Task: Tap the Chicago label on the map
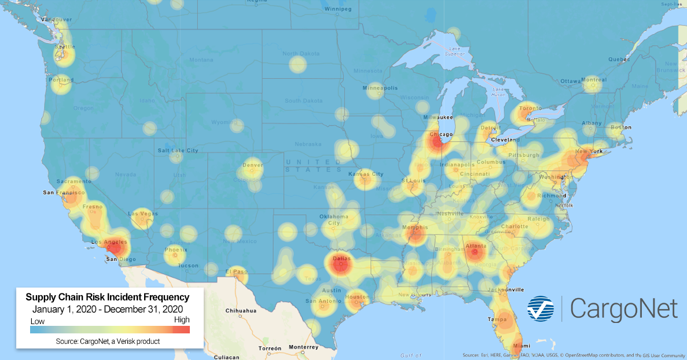coord(441,135)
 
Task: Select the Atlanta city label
coord(476,246)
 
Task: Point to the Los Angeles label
coord(104,241)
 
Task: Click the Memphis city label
coord(416,227)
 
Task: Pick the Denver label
coord(253,165)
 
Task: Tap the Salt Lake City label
coord(178,150)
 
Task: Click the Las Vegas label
coord(141,214)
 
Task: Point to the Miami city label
coord(521,346)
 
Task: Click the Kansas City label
coord(366,174)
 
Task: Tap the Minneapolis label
coord(380,88)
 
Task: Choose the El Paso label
coord(236,271)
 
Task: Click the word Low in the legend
coord(38,321)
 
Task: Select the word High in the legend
coord(181,319)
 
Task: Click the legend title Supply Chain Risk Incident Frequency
coord(108,297)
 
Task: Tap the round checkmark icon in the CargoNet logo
coord(540,308)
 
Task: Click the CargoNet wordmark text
coord(623,308)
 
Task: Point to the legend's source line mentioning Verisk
coord(108,341)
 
